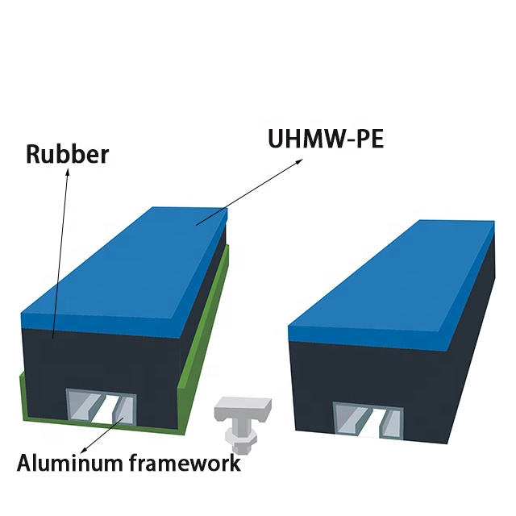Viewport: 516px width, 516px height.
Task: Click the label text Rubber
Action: pos(67,154)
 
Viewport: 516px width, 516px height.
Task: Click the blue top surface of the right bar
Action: pos(395,274)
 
